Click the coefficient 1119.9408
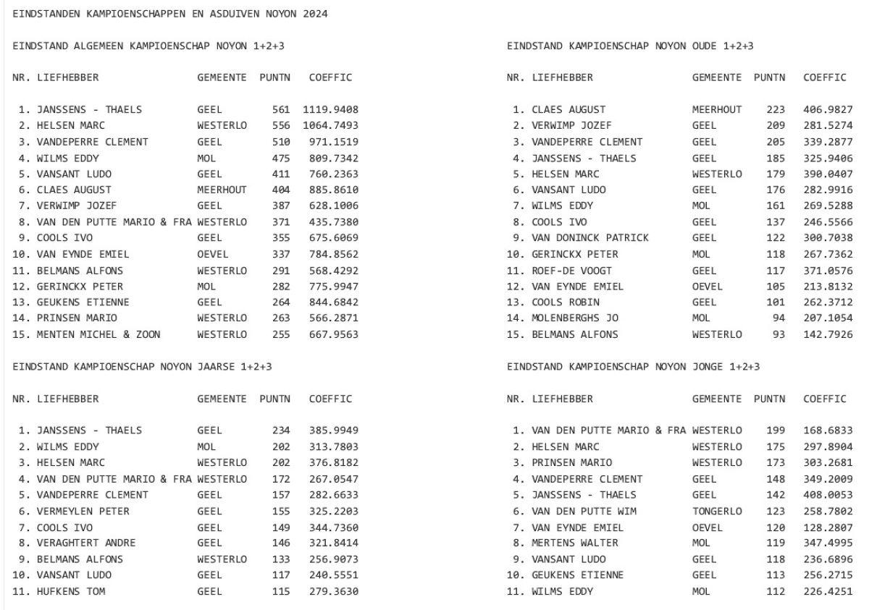coord(330,110)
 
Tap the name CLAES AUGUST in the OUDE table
coord(568,110)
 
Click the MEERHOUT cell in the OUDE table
coord(717,110)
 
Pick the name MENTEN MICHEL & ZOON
coord(99,334)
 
